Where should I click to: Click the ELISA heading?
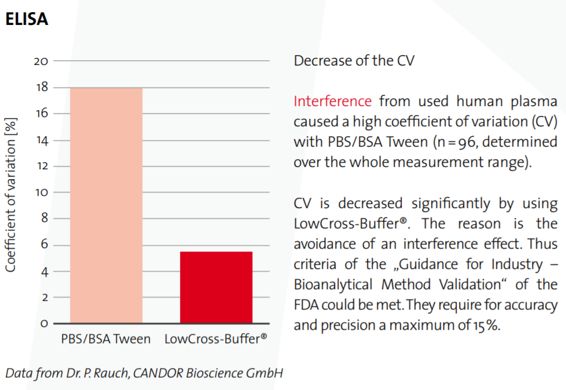click(26, 19)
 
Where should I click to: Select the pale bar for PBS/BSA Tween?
click(106, 205)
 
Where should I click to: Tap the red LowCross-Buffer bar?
click(216, 287)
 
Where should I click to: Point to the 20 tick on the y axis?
click(41, 61)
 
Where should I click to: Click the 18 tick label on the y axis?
click(41, 88)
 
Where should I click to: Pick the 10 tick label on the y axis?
click(41, 192)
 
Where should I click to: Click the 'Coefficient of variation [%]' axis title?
click(11, 195)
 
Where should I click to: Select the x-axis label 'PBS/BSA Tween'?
click(106, 339)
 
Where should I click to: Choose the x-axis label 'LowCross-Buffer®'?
click(216, 339)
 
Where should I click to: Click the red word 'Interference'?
click(332, 101)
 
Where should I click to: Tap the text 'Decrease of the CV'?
click(354, 61)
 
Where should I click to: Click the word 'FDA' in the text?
click(306, 305)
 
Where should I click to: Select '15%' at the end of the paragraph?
click(486, 325)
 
